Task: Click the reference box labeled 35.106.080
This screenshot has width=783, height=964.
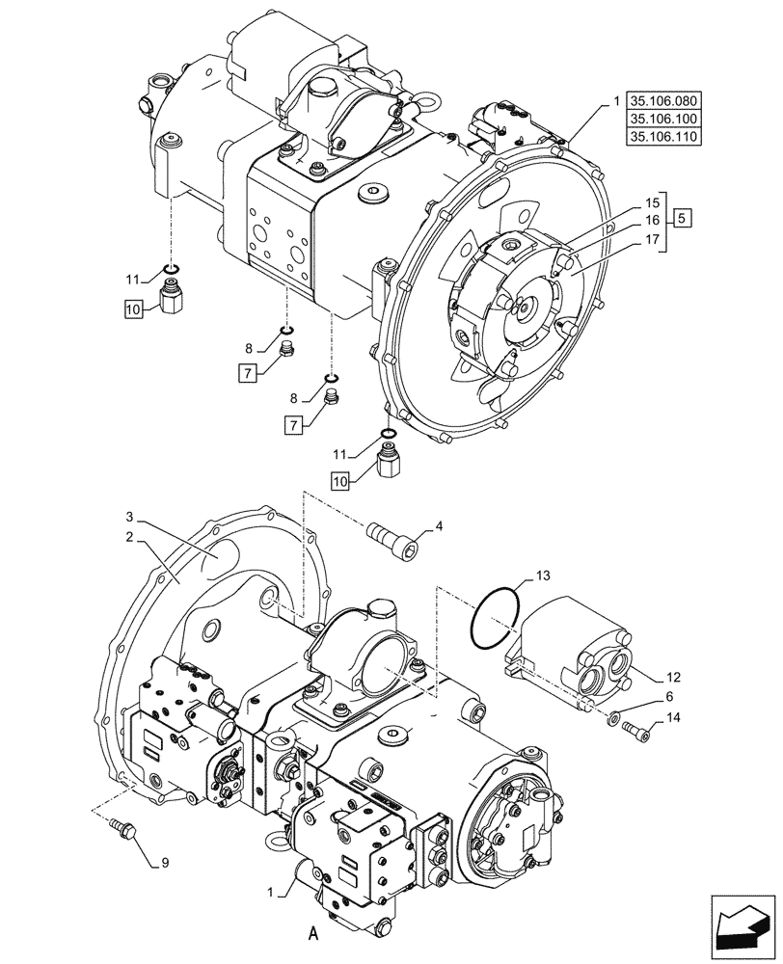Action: (664, 100)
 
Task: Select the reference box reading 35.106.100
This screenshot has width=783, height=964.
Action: (664, 119)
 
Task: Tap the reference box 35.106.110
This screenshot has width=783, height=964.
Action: (664, 137)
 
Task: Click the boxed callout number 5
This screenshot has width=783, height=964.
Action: (682, 218)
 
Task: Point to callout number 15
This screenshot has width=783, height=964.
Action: (652, 203)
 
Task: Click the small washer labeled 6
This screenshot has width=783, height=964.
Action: (614, 716)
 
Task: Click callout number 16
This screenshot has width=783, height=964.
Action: (652, 220)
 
